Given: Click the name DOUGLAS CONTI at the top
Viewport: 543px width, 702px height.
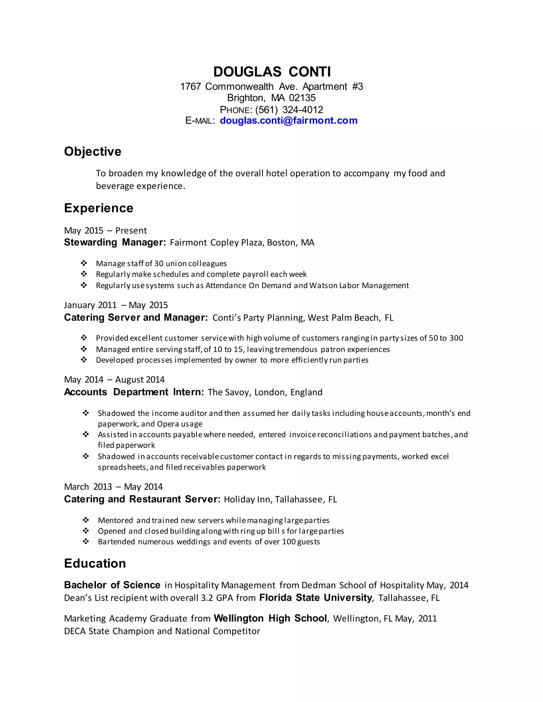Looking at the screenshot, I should (272, 72).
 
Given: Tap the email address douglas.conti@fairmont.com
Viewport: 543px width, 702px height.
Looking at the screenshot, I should (288, 121).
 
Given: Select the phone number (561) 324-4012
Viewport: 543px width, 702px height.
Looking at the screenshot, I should (289, 110).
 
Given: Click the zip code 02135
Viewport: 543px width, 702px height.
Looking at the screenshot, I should (302, 98).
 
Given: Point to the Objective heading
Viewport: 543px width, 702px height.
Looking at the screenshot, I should (93, 151).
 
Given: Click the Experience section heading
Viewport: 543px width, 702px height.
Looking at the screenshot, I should (98, 208).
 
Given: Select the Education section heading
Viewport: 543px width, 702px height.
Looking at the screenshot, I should (95, 563).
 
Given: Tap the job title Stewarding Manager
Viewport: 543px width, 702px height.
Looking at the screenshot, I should (115, 242).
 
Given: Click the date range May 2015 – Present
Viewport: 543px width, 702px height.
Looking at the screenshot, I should (105, 230).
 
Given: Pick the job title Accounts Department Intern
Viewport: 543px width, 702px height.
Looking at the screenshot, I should (134, 392).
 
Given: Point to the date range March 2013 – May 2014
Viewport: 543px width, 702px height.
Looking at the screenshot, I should (113, 487).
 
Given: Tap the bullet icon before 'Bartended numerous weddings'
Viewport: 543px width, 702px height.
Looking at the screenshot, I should (86, 542).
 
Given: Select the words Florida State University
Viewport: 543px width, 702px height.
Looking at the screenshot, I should (316, 598).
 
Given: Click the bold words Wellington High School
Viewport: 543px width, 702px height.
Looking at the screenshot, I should (270, 618).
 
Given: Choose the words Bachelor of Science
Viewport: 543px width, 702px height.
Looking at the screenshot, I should (112, 585).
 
